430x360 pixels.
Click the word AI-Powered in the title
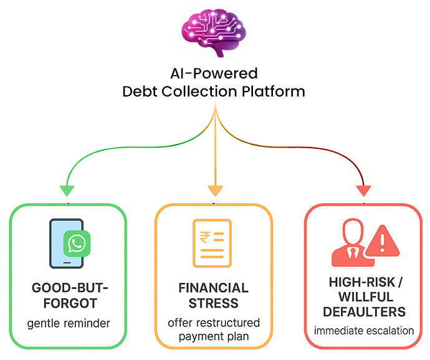coord(214,73)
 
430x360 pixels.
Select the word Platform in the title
coord(274,91)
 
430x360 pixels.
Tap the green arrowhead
coord(67,190)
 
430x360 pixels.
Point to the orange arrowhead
coord(214,189)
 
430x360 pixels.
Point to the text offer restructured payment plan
coord(214,331)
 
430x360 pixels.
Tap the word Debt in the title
coord(140,91)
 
